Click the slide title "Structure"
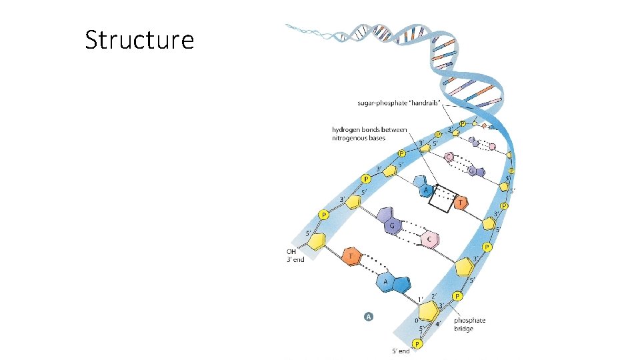[139, 40]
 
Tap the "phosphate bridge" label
[469, 325]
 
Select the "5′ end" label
[401, 351]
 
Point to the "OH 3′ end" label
[293, 255]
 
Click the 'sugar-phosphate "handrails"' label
[394, 102]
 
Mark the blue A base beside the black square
[423, 187]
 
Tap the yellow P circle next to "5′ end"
[418, 344]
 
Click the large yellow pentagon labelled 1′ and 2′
[429, 309]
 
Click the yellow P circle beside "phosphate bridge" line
[457, 295]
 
